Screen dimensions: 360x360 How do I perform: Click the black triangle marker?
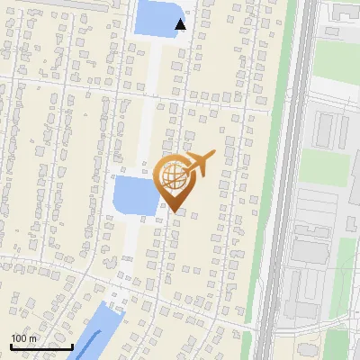[181, 24]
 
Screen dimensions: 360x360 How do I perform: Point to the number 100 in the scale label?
[19, 338]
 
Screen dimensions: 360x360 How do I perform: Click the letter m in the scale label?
[33, 338]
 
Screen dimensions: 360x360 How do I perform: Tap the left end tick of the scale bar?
[11, 346]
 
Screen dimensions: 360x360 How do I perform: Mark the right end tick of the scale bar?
[72, 346]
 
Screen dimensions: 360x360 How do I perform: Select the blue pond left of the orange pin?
[133, 195]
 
